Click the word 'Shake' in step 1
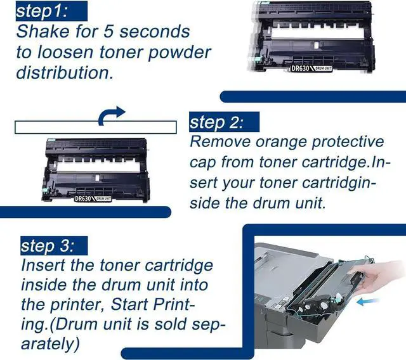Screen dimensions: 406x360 click(43, 32)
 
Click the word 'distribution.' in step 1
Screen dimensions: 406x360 click(65, 72)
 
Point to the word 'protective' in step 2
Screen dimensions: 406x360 click(348, 143)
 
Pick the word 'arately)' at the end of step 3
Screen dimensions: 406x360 click(50, 344)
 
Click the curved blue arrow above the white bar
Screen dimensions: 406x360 click(110, 115)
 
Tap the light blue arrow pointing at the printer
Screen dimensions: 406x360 click(368, 302)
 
